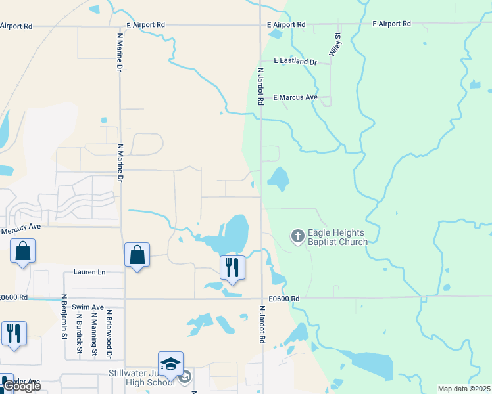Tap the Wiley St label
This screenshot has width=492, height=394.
[x=334, y=45]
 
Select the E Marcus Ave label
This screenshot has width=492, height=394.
[x=295, y=97]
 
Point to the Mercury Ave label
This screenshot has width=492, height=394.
[x=21, y=227]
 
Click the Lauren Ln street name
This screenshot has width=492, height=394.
[x=89, y=272]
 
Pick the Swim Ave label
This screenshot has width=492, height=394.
[x=88, y=307]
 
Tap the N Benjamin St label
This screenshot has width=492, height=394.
[x=64, y=326]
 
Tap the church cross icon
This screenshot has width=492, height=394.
[x=297, y=236]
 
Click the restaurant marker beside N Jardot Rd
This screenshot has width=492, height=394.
[x=232, y=267]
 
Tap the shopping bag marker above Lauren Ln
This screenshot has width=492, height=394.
[x=137, y=255]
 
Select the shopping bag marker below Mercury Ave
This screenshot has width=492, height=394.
[x=22, y=251]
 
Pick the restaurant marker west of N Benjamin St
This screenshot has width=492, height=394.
[x=14, y=333]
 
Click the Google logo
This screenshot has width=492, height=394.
[x=22, y=386]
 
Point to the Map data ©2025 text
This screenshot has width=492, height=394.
[x=463, y=389]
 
